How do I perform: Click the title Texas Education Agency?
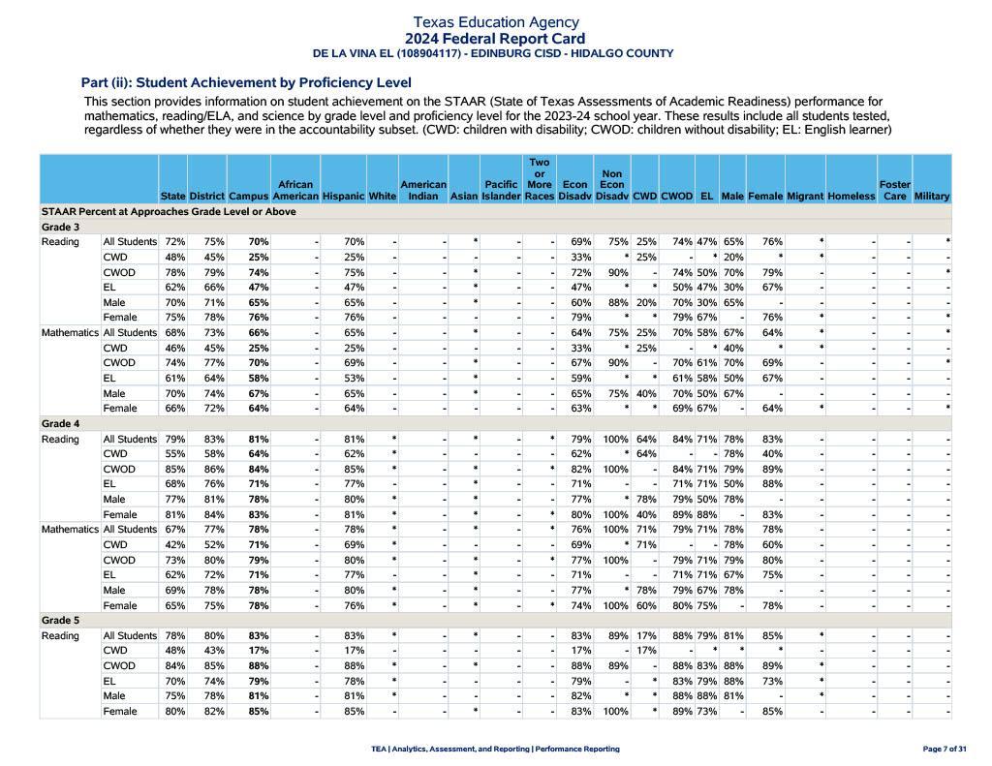(495, 21)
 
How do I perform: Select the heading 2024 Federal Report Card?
(495, 39)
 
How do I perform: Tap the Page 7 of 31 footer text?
(945, 749)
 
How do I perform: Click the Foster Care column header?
(894, 190)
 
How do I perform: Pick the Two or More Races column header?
(539, 179)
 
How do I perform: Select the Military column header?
(931, 197)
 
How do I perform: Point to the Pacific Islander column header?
(501, 190)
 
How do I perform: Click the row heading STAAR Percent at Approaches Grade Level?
(169, 211)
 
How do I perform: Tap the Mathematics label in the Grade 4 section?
(70, 530)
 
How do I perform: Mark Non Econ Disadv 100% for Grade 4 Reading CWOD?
(611, 470)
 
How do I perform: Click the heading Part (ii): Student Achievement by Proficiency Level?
(246, 82)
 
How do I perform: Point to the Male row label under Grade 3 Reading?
(114, 302)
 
